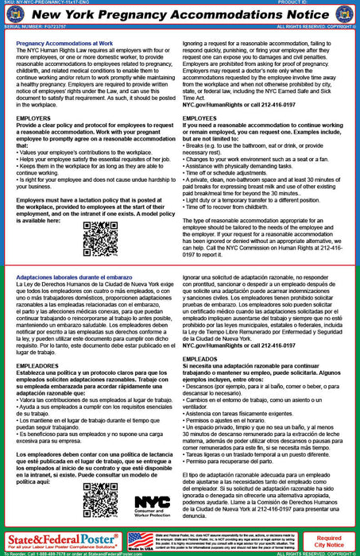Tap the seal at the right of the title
click(342, 17)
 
